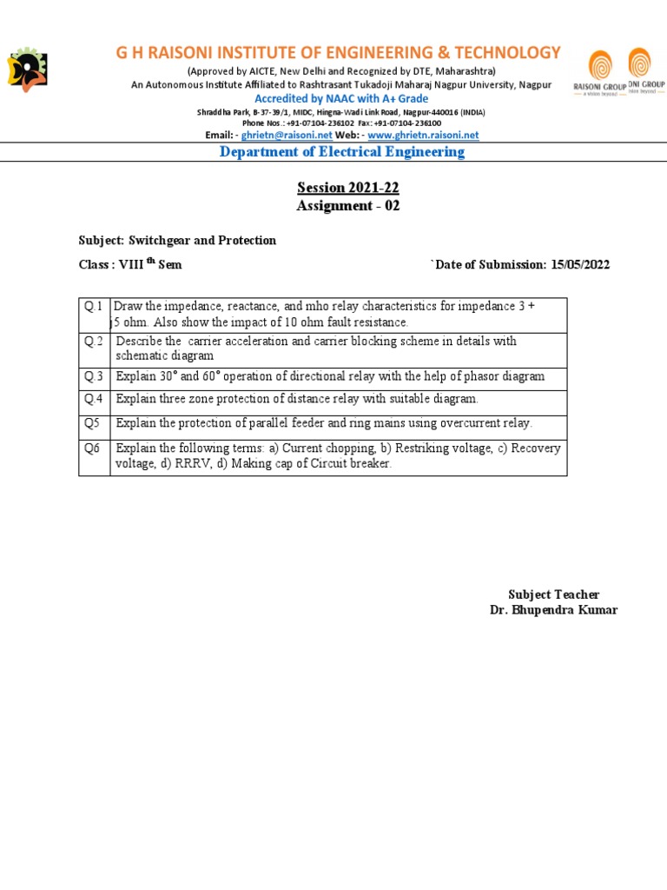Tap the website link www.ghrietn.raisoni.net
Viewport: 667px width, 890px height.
click(423, 136)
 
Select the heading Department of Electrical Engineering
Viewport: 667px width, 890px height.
click(342, 152)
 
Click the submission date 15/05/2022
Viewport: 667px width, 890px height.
click(580, 264)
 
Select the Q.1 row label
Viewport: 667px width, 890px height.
click(94, 306)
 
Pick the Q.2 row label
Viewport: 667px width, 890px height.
click(94, 342)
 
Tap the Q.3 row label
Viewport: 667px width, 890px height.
click(94, 376)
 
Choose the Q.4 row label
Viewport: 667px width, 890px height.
click(94, 399)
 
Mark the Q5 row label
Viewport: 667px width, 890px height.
click(93, 423)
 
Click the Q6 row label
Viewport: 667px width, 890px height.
click(93, 448)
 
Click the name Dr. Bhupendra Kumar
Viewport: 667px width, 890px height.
click(553, 610)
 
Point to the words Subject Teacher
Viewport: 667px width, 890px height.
click(553, 594)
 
